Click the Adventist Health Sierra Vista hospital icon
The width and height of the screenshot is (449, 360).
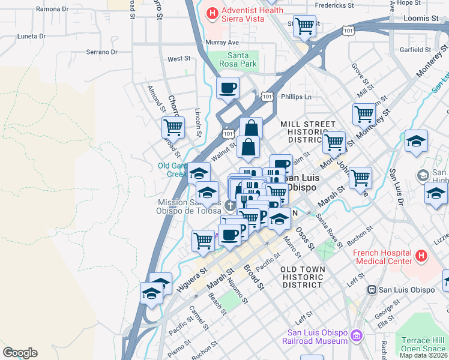212,14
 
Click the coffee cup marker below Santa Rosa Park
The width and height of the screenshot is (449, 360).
228,88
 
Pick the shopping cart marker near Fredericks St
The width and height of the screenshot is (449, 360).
305,26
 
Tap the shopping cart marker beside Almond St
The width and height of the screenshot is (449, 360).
173,127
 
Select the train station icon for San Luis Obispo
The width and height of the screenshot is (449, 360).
372,289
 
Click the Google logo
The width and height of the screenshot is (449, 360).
20,353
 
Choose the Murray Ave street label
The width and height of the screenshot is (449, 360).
222,43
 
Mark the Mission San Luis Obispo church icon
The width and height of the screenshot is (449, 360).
229,206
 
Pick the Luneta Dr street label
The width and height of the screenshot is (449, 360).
32,36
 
